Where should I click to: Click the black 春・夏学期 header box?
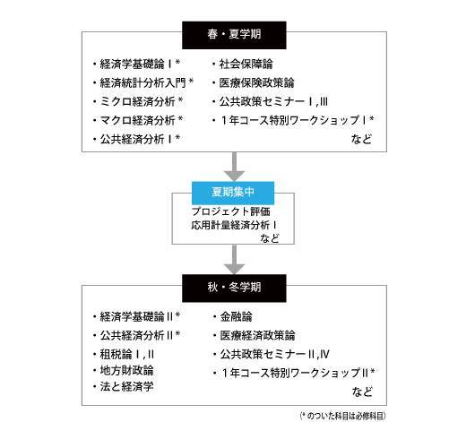(234, 35)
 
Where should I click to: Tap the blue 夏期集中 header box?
(233, 193)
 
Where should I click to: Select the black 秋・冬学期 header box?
(234, 289)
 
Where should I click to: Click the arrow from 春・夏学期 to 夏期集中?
(234, 167)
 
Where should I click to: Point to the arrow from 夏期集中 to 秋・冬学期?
(234, 260)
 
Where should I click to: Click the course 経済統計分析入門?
(142, 82)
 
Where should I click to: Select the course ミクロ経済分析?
(137, 101)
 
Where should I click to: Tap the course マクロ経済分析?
(137, 120)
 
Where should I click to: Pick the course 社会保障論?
(246, 64)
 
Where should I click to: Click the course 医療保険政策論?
(256, 82)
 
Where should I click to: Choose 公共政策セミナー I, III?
(273, 101)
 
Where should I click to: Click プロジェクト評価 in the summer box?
(230, 211)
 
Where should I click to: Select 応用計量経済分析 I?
(234, 225)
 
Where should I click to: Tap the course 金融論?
(236, 316)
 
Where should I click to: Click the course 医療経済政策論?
(257, 335)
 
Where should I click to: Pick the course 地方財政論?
(126, 370)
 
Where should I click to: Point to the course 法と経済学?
(126, 386)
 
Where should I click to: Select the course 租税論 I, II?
(127, 354)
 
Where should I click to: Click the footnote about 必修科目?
(342, 416)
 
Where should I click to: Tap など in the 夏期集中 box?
(270, 238)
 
